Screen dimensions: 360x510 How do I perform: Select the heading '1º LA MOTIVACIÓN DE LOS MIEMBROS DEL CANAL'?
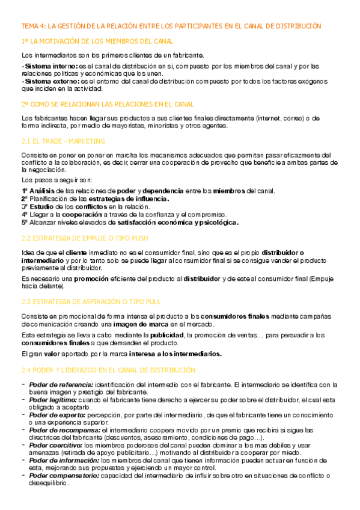point(97,41)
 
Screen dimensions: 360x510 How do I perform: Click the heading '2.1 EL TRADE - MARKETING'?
point(63,141)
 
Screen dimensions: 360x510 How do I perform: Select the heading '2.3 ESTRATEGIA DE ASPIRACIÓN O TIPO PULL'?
point(91,301)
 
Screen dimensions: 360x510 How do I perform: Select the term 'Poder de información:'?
point(63,460)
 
